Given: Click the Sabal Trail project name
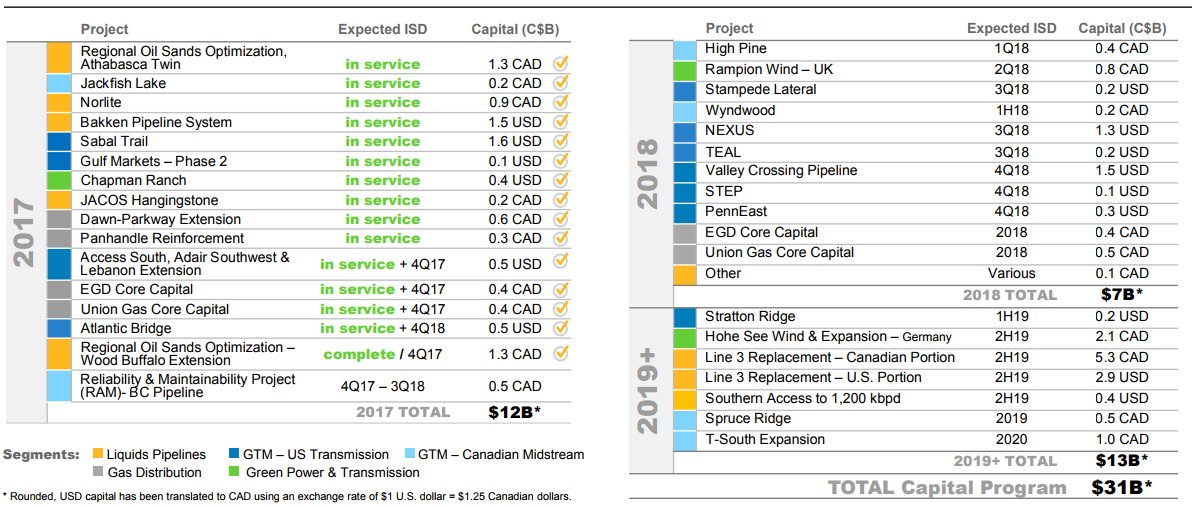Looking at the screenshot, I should coord(114,141).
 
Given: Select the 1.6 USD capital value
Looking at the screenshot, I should coord(514,141).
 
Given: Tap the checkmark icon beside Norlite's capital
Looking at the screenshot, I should coord(561,102).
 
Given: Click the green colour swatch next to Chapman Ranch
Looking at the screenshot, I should coord(59,180).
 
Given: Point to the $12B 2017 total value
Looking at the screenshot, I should coord(514,411).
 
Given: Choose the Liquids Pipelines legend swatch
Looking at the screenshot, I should coord(98,454).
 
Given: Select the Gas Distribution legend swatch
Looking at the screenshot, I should coord(98,472).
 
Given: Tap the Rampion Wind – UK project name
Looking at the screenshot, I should coord(768,69).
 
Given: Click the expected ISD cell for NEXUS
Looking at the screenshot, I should coord(1011,130).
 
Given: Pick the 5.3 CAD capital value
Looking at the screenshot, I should coord(1120,357).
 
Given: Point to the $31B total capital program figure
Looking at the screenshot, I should coord(1120,487).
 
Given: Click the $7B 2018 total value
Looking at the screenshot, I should coord(1120,294).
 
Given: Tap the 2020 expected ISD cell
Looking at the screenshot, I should coord(1011,439).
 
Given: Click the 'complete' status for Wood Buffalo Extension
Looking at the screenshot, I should coord(359,354).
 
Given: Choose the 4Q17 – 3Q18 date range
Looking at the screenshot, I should coord(382,386).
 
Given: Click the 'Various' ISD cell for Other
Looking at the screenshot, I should coord(1011,273).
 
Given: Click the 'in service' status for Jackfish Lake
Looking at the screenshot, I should coord(382,83).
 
